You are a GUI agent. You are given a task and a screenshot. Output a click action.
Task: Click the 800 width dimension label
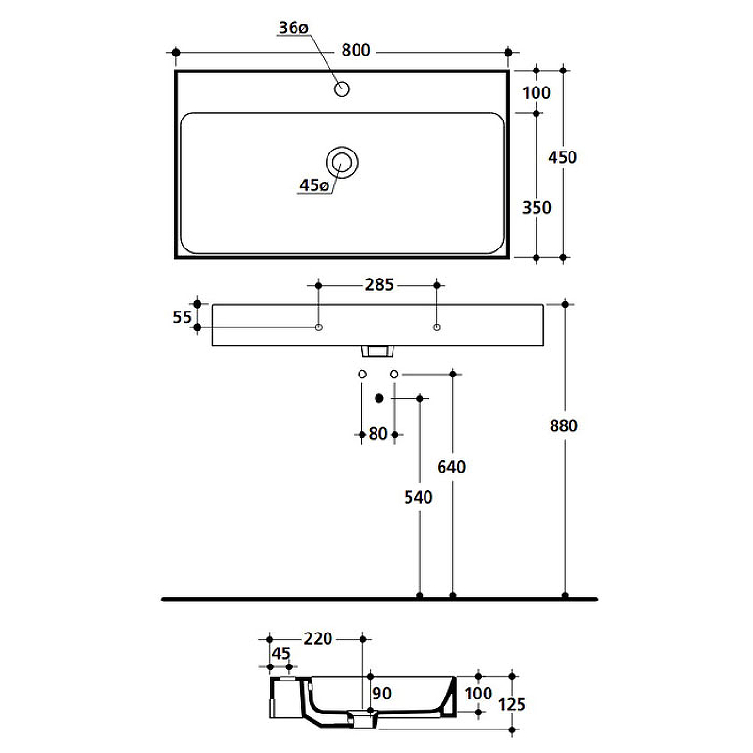click(x=356, y=50)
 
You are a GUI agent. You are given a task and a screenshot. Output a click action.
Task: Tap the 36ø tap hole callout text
click(x=294, y=28)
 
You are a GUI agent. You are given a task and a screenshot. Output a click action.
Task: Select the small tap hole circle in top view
click(x=342, y=88)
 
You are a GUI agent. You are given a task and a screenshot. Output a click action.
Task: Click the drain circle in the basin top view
click(x=342, y=162)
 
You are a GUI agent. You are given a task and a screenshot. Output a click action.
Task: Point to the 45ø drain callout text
click(x=314, y=184)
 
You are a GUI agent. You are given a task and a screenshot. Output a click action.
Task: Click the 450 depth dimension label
click(x=562, y=157)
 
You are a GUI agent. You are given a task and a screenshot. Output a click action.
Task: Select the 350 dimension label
click(x=537, y=207)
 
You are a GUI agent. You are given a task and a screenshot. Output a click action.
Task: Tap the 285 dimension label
click(x=379, y=285)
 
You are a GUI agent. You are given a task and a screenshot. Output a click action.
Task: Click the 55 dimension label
click(x=182, y=317)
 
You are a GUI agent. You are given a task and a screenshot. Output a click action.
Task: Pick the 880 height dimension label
click(x=563, y=425)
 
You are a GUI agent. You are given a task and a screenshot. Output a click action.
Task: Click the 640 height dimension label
click(x=452, y=467)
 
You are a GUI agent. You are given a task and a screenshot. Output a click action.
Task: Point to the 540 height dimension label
click(x=418, y=497)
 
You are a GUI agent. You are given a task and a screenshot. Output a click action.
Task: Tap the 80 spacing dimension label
click(x=378, y=434)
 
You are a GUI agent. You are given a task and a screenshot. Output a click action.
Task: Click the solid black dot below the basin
click(x=379, y=398)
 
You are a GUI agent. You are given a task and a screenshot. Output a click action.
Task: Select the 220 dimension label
click(x=318, y=638)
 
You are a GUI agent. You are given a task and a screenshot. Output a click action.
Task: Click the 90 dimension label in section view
click(x=382, y=693)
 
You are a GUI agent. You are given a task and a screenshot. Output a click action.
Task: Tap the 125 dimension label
click(x=511, y=704)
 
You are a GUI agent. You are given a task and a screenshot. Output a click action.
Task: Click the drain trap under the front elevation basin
click(x=377, y=351)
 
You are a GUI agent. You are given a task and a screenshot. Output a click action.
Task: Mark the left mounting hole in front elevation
click(x=318, y=328)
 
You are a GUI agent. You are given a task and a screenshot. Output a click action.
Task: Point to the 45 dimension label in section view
click(x=280, y=653)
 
